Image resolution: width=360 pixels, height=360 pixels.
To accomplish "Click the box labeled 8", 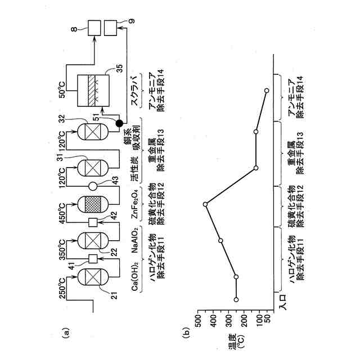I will pyautogui.click(x=94, y=26).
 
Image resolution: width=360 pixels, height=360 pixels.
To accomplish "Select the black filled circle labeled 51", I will pyautogui.click(x=119, y=123).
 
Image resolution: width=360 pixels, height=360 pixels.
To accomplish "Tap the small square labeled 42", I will pyautogui.click(x=94, y=221).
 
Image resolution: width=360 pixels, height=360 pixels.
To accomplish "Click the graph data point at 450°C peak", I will pyautogui.click(x=205, y=204).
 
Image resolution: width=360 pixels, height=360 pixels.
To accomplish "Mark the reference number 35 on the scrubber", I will pyautogui.click(x=119, y=69).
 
